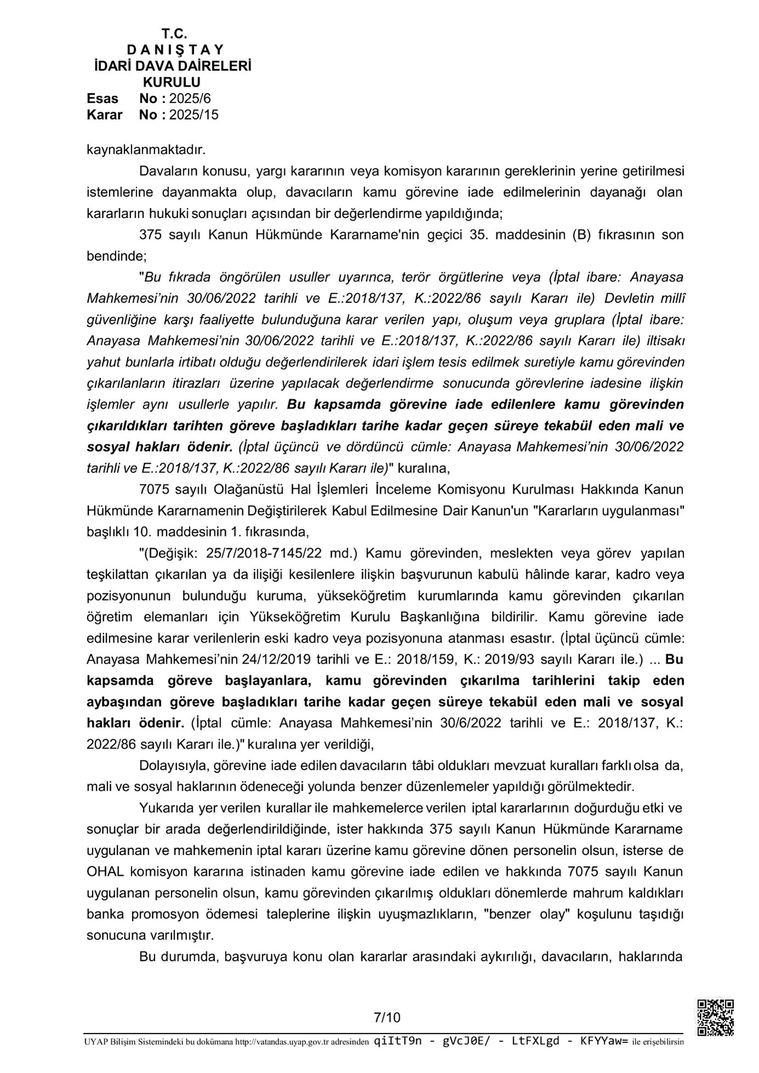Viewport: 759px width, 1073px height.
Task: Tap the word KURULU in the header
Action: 171,82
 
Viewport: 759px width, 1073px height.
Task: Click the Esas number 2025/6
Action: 189,99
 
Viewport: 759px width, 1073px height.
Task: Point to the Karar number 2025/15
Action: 193,115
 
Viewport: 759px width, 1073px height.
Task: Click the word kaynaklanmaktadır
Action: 146,149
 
